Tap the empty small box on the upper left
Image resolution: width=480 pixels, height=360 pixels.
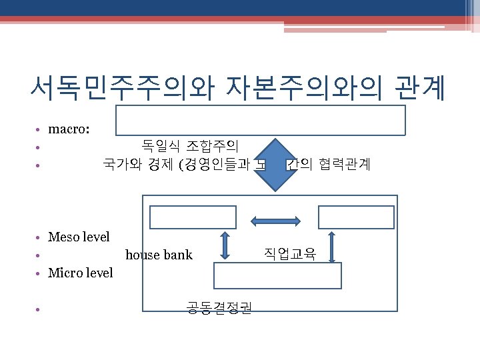click(x=193, y=217)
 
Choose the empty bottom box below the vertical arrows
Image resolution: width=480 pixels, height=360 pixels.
click(x=277, y=275)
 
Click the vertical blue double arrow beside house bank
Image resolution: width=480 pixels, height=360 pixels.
click(x=225, y=245)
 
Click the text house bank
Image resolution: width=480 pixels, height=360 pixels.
click(x=159, y=255)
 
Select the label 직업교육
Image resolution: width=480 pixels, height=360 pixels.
click(x=290, y=253)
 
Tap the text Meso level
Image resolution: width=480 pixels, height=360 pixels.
click(x=79, y=237)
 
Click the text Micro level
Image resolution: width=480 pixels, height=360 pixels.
click(x=81, y=273)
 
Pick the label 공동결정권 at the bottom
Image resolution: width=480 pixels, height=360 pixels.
click(x=219, y=307)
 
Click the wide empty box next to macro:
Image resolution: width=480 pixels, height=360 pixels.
click(x=261, y=120)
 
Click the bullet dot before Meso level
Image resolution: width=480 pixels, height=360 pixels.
click(x=40, y=238)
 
